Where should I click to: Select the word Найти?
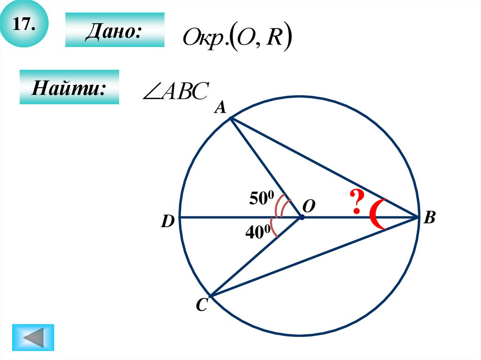click(69, 87)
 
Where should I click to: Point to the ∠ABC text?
click(175, 91)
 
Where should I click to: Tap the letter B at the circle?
click(430, 218)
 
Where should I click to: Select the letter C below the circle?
click(201, 306)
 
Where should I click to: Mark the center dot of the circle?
click(301, 217)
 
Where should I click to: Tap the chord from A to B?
click(324, 168)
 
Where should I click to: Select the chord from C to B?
click(315, 257)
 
